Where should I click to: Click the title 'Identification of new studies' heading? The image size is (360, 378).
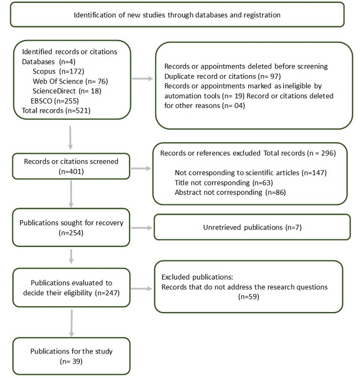177,15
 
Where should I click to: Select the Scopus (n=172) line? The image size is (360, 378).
58,71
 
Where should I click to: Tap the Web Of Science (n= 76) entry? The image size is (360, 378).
65,81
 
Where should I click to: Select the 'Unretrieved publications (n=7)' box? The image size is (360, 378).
252,227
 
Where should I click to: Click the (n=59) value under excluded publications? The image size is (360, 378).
249,297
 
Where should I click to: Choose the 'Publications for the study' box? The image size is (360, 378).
70,356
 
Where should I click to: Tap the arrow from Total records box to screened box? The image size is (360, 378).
70,137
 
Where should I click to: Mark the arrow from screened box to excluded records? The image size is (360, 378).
141,167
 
